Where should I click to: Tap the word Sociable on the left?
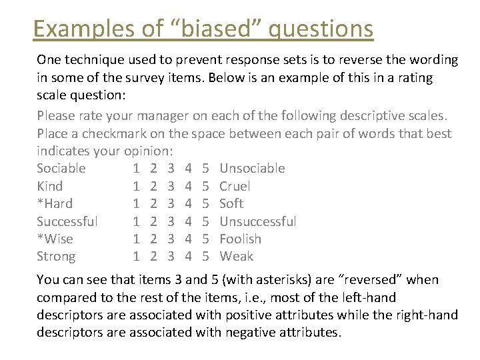coord(61,168)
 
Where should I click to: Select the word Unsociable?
coord(252,168)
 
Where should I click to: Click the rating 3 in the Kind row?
coord(171,186)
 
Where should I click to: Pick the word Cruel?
coord(235,186)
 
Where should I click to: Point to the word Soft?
coord(231,203)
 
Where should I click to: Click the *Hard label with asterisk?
coord(55,203)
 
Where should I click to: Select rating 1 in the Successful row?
coord(136,221)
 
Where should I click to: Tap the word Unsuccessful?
coord(258,221)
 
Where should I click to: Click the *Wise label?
coord(55,239)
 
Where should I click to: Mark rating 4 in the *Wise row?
coord(189,239)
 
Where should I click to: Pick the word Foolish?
coord(240,239)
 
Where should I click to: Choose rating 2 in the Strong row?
coord(153,256)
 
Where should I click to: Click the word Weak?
coord(236,256)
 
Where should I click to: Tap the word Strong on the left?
coord(56,256)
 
